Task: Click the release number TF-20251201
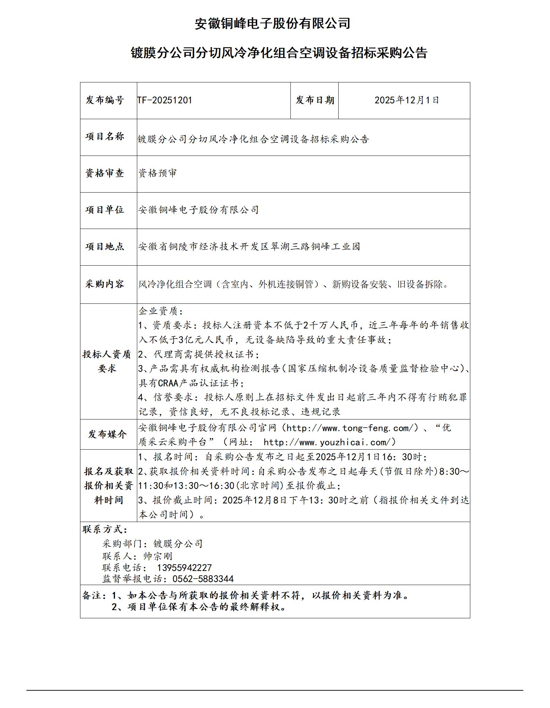point(165,100)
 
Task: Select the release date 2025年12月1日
point(407,100)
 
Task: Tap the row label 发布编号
point(105,100)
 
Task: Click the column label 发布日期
point(315,100)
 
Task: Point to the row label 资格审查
point(105,173)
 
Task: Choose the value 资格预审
point(157,173)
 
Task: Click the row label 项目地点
point(105,247)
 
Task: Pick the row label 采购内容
point(105,284)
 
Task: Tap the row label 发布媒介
point(107,434)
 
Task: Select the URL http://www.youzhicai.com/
point(329,442)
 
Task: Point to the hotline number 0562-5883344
point(203,579)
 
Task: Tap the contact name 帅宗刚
point(158,556)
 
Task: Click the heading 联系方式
point(105,530)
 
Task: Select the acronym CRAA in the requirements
point(168,383)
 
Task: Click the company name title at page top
point(272,24)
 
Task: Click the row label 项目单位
point(105,210)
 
